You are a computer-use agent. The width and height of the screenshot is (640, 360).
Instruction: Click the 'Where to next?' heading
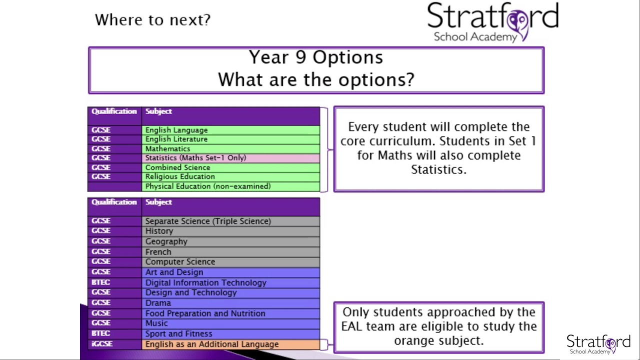pos(152,20)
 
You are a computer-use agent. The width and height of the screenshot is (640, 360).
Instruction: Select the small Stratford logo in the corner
pos(598,344)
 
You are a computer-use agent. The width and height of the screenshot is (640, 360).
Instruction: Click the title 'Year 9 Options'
pos(316,57)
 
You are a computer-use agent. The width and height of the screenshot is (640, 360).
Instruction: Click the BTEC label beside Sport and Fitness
pos(100,333)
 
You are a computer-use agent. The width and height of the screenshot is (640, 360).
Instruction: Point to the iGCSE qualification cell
pos(102,344)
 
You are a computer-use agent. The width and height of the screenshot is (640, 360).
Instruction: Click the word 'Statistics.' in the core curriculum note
pos(438,169)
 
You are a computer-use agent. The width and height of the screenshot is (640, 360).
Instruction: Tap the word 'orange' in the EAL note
pos(415,340)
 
